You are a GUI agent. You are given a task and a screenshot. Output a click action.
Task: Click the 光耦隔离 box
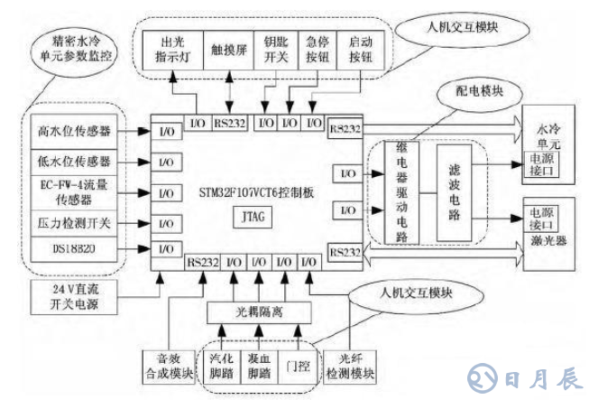(260, 311)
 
